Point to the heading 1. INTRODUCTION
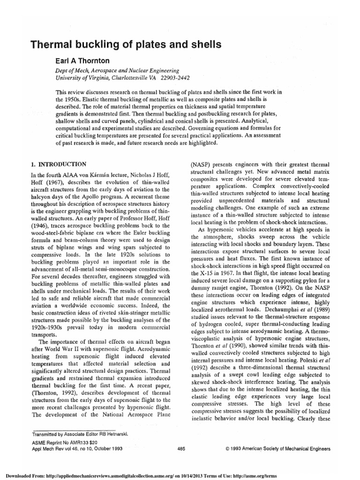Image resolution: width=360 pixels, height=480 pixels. (58, 164)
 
